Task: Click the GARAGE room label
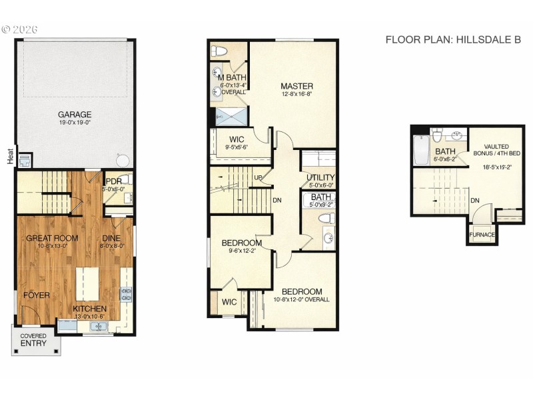[75, 114]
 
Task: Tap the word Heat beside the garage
[10, 156]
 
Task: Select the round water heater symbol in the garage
[121, 161]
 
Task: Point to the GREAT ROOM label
[52, 238]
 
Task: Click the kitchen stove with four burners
[126, 294]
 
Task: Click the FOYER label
[37, 295]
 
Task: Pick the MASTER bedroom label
[296, 86]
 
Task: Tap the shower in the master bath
[231, 117]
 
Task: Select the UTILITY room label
[320, 177]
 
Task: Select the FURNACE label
[482, 235]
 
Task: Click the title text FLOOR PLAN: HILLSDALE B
[453, 39]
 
